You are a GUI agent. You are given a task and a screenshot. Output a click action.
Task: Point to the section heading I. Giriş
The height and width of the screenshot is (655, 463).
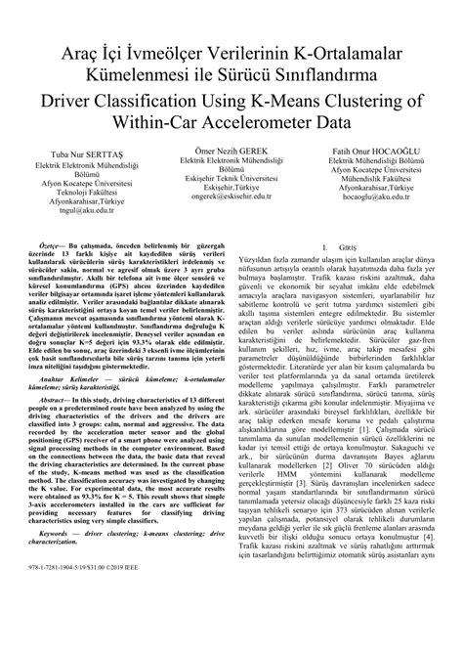(342, 249)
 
